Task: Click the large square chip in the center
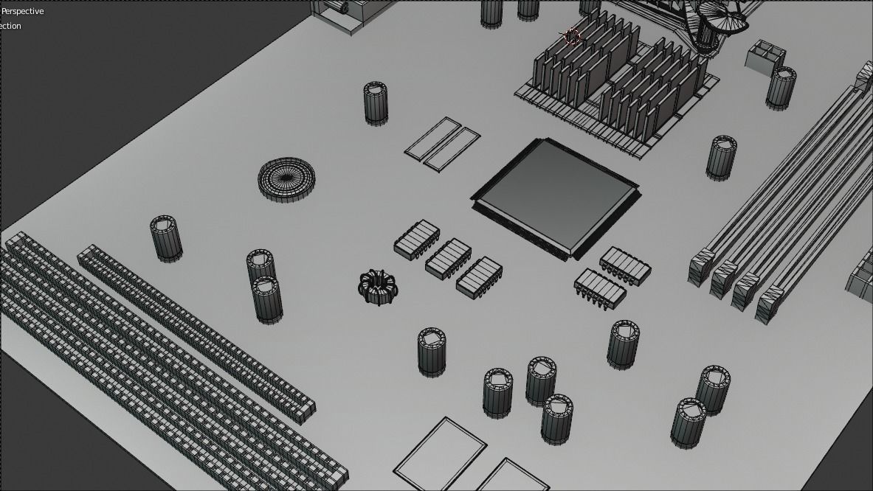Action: coord(555,195)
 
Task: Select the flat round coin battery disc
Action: coord(286,178)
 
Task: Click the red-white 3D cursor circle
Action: coord(571,37)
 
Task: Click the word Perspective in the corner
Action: coord(23,11)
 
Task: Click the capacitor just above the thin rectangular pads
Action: coord(376,102)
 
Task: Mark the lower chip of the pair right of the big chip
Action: coord(599,288)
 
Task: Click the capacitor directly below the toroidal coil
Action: coord(432,352)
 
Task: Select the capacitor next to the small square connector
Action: coord(781,87)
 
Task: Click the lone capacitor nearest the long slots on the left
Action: coord(166,237)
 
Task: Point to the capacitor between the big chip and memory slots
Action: coord(721,157)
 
